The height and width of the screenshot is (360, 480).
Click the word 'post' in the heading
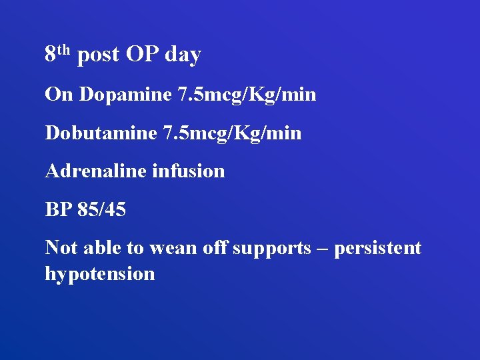(x=97, y=55)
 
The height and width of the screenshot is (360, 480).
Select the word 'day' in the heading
(x=183, y=56)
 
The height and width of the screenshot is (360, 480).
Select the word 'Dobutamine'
(x=101, y=133)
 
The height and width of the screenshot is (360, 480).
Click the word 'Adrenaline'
(x=95, y=171)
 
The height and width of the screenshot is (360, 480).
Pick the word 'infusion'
(x=189, y=171)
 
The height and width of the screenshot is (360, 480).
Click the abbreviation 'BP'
(x=58, y=210)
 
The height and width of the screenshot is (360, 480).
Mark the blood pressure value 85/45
(x=101, y=210)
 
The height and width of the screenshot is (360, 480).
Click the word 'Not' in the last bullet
(x=59, y=248)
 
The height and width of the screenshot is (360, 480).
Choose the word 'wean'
(x=171, y=249)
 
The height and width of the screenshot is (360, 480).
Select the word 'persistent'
(x=377, y=249)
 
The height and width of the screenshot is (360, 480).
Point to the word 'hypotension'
(x=100, y=274)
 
